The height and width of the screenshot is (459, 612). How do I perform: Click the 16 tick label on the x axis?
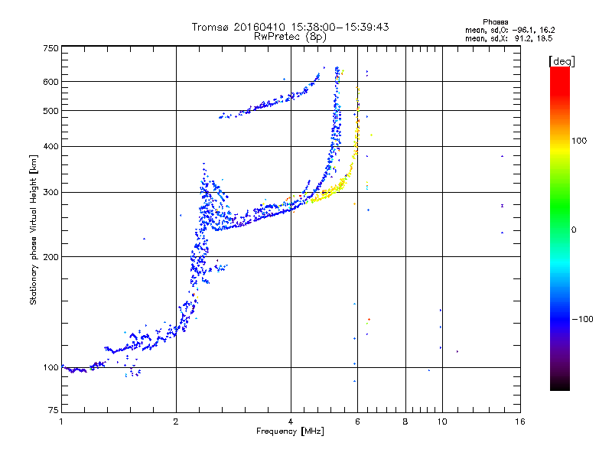pos(519,422)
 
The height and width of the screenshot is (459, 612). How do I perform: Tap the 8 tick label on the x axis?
pos(405,422)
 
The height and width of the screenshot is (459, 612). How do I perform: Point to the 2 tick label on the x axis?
pos(176,422)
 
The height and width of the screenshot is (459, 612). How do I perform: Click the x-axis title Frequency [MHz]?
pos(291,431)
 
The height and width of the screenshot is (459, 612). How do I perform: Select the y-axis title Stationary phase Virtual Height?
pos(34,229)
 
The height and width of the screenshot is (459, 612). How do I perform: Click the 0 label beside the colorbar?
pos(575,229)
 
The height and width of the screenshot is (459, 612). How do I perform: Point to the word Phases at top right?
pos(496,21)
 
